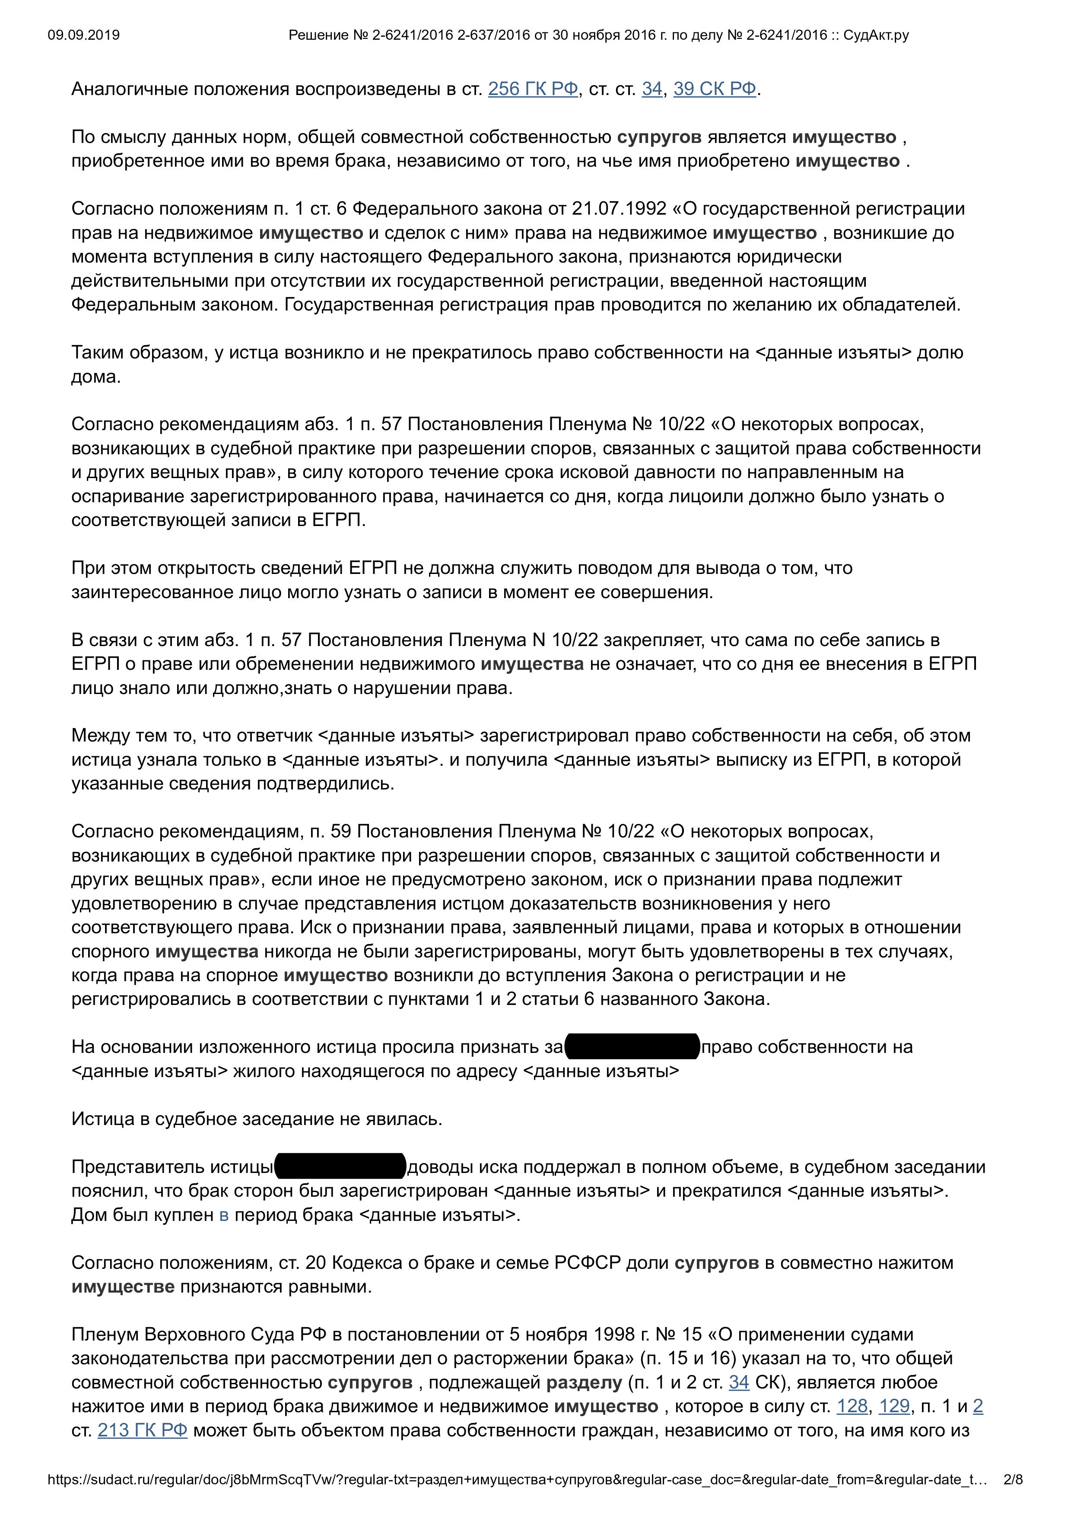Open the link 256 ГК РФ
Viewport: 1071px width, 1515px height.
point(533,89)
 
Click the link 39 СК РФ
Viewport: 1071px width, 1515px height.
point(715,89)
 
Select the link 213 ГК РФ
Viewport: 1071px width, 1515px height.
point(143,1430)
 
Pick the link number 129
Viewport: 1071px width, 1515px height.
point(894,1406)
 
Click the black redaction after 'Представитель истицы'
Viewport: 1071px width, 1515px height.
point(340,1166)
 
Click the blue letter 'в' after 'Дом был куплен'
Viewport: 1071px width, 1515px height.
point(224,1215)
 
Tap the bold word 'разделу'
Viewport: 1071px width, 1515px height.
point(584,1382)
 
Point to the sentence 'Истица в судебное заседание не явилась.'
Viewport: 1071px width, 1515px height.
point(257,1119)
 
